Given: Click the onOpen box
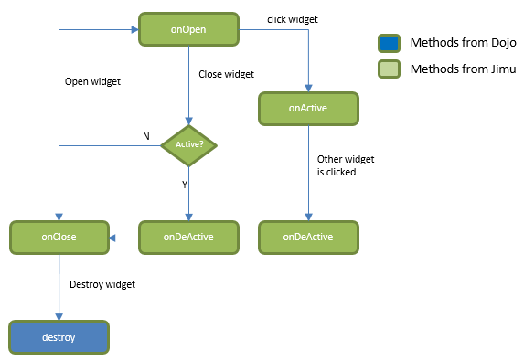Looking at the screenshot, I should pos(188,28).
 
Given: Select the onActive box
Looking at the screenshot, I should pos(307,108).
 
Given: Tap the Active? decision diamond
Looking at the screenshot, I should pos(188,144).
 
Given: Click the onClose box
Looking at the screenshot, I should pos(59,237).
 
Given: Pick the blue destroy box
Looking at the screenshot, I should pos(59,337).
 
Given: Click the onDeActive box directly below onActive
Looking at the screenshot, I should pos(307,237).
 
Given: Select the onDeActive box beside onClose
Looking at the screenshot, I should pos(188,237).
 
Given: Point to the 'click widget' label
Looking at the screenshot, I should pos(293,19).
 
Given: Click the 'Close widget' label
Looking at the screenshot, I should pos(226,74).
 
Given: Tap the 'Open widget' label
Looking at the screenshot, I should pos(92,80).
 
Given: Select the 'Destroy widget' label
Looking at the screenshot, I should pos(102,284).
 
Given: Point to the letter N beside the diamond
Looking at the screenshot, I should pos(144,136).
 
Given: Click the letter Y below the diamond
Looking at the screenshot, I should pos(184,184).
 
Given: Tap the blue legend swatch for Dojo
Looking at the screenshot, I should pos(389,43).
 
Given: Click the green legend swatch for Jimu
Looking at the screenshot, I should pos(389,69).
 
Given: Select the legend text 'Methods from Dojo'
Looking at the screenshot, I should pos(463,43).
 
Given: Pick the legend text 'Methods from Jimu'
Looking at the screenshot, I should pos(463,69).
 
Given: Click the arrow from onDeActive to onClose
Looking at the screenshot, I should pos(123,237).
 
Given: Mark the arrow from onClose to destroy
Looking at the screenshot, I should pos(59,287).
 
